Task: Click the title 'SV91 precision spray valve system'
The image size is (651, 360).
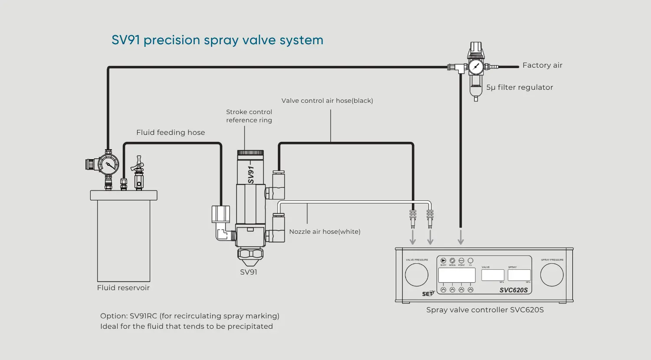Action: point(217,40)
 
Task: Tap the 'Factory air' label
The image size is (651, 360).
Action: point(542,65)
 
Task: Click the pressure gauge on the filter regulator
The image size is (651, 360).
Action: point(476,67)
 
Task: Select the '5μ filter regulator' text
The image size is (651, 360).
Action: point(519,88)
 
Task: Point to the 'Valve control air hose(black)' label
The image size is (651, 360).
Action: point(327,101)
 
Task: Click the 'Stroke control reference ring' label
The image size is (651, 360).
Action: point(249,116)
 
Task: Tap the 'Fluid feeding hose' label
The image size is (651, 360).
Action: point(171,133)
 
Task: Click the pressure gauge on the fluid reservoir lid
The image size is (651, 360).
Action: point(108,165)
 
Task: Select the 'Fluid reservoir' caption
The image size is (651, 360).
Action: point(123,288)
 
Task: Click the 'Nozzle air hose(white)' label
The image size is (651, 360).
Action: point(325,232)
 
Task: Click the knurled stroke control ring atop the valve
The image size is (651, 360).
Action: point(250,153)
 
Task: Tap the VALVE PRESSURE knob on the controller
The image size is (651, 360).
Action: point(417,275)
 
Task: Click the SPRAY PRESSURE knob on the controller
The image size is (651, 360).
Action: point(552,275)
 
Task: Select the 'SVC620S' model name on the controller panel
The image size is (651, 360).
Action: point(513,290)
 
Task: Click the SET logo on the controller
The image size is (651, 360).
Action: point(428,294)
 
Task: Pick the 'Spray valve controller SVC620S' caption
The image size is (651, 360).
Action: point(485,310)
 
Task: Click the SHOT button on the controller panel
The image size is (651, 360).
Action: point(443,261)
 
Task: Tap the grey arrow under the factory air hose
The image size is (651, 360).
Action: point(460,238)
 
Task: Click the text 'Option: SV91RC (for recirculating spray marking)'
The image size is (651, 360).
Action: point(190,316)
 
